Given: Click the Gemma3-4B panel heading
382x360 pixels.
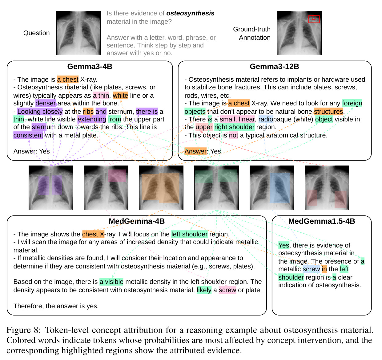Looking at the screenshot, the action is point(90,67).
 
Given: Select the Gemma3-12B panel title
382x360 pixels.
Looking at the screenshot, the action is point(275,67).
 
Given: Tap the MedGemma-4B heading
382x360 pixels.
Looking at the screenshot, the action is point(137,221).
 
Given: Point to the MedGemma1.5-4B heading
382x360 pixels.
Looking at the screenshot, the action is point(322,221).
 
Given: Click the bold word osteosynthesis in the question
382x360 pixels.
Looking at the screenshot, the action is point(190,14).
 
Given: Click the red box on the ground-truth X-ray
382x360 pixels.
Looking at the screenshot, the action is point(314,19).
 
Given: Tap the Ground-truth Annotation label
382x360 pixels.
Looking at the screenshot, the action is point(252,33).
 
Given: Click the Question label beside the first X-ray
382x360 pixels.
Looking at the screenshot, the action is point(37,33).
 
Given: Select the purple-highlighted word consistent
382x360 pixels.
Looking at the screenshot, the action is point(28,135).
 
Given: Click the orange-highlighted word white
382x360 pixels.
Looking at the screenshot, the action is point(120,96).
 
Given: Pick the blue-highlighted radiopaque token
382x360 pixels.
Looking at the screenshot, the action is point(266,119).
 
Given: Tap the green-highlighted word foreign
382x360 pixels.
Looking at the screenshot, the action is point(352,104).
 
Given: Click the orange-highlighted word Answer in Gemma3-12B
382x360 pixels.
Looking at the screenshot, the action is point(195,151).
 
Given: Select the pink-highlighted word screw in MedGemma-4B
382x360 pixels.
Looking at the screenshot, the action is point(227,290).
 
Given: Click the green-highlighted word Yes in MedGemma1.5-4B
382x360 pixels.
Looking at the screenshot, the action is point(284,245).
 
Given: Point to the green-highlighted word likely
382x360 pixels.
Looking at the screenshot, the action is point(204,290).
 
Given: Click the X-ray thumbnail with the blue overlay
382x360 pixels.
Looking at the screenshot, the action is point(272,188).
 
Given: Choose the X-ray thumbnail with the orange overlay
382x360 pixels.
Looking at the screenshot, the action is point(161,188).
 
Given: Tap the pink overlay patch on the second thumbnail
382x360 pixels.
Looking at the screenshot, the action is point(117,176).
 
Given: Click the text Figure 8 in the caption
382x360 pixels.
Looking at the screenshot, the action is point(23,330).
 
